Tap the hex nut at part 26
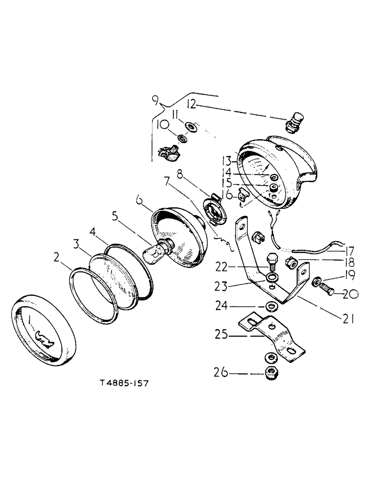[270, 374]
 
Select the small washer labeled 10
[182, 138]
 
